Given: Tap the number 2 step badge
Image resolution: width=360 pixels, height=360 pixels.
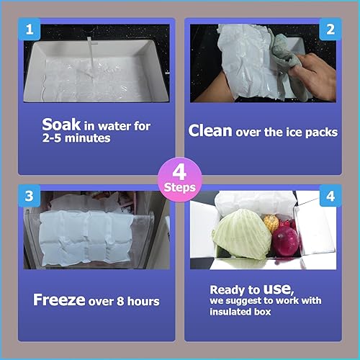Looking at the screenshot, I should click(330, 30).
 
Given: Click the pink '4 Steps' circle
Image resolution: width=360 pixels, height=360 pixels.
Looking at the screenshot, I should click(179, 179).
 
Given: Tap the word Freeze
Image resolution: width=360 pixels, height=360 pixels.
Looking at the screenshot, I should click(59, 299).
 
